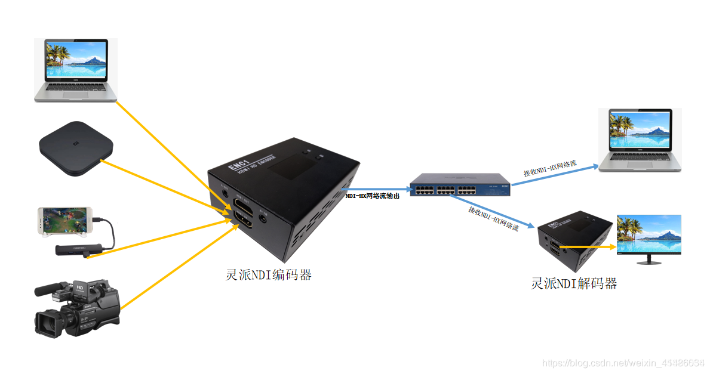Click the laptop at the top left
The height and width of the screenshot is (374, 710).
pyautogui.click(x=75, y=69)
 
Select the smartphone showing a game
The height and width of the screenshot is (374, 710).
pyautogui.click(x=64, y=220)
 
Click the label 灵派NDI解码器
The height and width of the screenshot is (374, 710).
pyautogui.click(x=574, y=283)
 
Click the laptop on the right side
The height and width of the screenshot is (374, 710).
pyautogui.click(x=640, y=141)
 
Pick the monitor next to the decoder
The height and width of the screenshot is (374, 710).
pyautogui.click(x=648, y=239)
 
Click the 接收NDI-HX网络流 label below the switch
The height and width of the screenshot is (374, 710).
pyautogui.click(x=493, y=218)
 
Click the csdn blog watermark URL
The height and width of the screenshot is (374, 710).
pyautogui.click(x=622, y=363)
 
